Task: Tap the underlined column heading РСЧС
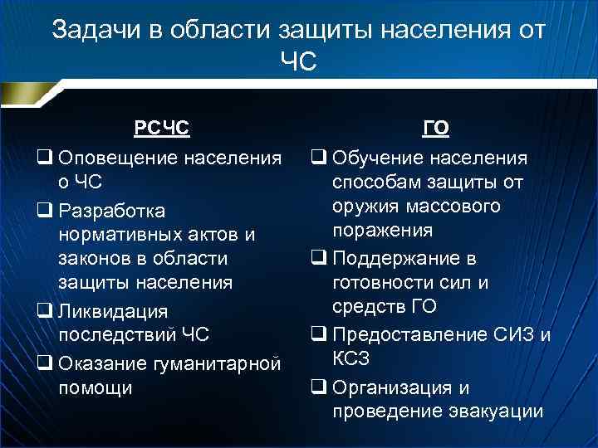(161, 129)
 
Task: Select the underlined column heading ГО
(436, 129)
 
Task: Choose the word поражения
(385, 230)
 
